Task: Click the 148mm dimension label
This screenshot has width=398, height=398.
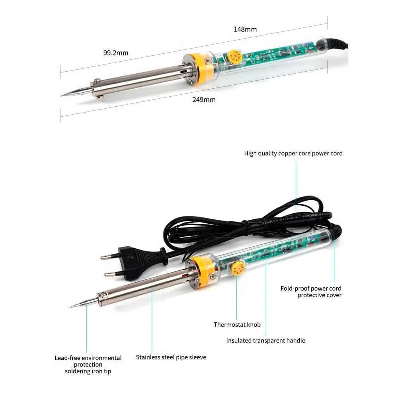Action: coord(245,29)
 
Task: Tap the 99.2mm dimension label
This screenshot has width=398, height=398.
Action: coord(116,53)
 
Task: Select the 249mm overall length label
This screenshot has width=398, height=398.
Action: coord(204,99)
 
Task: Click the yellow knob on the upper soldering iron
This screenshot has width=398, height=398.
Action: coord(234,57)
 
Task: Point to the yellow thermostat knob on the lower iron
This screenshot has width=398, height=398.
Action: coord(238,269)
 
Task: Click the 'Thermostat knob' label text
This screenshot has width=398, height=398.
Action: coord(237,325)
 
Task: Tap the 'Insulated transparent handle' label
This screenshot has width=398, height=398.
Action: coord(265,340)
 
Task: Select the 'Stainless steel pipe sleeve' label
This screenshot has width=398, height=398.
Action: coord(171,357)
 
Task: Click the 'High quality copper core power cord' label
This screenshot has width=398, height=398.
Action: coord(293,153)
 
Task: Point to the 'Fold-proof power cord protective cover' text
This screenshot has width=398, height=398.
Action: coord(311,292)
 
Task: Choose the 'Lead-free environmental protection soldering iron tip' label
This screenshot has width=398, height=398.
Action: coord(88,365)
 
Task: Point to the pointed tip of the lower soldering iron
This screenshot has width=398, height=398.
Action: coord(70,307)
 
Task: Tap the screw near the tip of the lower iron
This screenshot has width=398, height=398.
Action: coord(104,295)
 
